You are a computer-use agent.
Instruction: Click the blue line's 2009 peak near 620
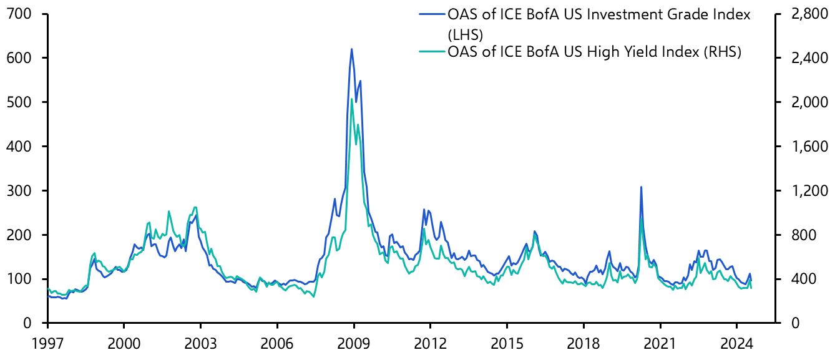click(x=351, y=49)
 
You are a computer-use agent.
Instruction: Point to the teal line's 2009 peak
click(x=351, y=100)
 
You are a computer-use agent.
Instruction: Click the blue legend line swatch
click(x=431, y=14)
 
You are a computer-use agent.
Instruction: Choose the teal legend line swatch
click(x=431, y=53)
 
